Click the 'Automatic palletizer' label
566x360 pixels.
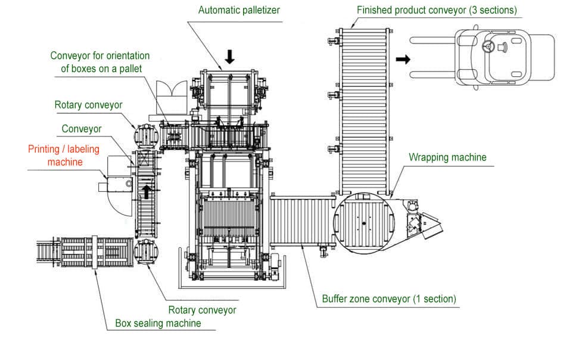[238, 10]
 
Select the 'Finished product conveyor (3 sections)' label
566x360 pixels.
[436, 10]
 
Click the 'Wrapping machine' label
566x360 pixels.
[447, 157]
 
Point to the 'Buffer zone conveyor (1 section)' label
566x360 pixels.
[389, 299]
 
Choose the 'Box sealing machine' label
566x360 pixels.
[158, 323]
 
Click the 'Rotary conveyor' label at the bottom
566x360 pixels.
[202, 310]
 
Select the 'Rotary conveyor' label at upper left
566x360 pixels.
[88, 105]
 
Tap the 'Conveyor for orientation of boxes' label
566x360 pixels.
[99, 62]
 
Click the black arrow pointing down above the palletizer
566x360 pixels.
[230, 56]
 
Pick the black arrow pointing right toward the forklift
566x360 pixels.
[403, 59]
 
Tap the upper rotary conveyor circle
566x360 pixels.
[145, 135]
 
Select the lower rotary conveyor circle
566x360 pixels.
[145, 251]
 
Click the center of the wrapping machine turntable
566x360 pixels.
[363, 224]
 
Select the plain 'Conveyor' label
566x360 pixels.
[82, 129]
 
